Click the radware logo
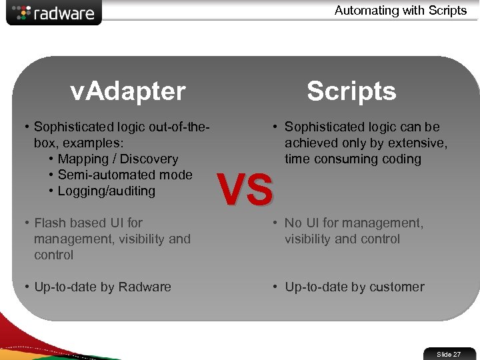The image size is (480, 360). coord(55,13)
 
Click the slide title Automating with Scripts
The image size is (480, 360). coord(401,10)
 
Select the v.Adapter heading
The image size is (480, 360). coord(128,91)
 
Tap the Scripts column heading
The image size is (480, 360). coord(351,91)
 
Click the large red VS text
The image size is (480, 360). coord(246,189)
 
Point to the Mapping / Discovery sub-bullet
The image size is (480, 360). coord(118,159)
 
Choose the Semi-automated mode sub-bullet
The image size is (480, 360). coord(125,175)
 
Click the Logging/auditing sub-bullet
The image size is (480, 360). coord(107,191)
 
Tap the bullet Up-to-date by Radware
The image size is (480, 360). coord(103,287)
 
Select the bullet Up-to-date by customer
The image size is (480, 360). coord(354,287)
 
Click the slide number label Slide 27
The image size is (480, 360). coord(449,354)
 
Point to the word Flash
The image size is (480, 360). coord(51,223)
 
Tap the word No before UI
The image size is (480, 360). coord(293,223)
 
